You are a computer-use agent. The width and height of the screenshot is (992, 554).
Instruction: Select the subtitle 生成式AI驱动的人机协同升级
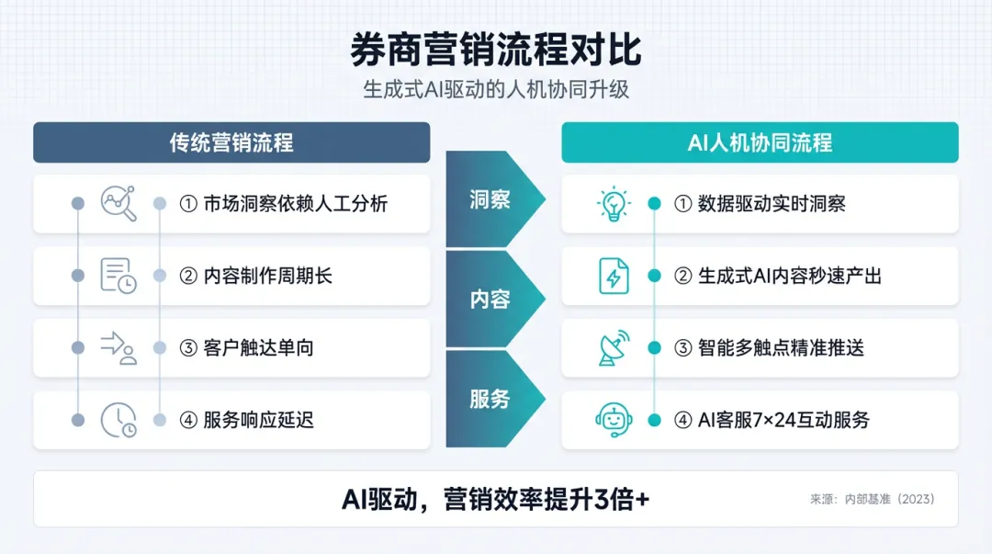click(495, 90)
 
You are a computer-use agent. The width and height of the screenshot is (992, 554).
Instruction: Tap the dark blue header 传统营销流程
click(231, 142)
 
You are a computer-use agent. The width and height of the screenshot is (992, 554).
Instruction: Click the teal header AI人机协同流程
click(760, 142)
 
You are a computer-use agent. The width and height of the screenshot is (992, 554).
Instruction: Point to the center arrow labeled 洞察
click(490, 199)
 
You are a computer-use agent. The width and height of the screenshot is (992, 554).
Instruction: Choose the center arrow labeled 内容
click(490, 300)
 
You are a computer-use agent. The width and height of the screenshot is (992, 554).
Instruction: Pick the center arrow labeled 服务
click(490, 399)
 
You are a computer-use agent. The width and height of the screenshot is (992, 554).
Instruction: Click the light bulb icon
click(613, 203)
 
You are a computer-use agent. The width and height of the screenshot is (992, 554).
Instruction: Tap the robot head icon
click(613, 420)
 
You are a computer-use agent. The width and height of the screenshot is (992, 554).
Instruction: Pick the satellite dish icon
click(613, 347)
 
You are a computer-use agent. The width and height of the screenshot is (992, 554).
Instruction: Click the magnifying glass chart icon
click(118, 203)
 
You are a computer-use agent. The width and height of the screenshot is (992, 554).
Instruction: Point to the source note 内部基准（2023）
click(872, 499)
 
